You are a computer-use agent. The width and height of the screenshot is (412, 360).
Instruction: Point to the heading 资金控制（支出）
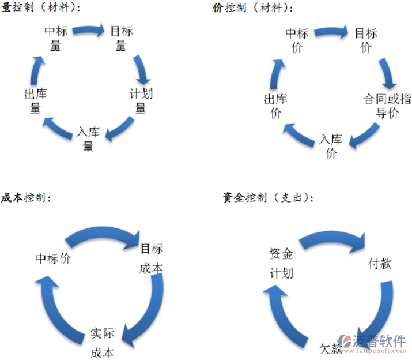click(268, 197)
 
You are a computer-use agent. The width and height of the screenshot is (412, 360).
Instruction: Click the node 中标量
click(56, 38)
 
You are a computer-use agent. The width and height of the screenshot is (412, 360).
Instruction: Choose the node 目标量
click(121, 38)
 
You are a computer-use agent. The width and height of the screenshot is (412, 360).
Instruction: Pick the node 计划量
click(141, 100)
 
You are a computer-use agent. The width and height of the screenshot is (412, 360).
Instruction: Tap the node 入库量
click(88, 138)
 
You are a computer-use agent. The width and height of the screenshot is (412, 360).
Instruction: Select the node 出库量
click(35, 100)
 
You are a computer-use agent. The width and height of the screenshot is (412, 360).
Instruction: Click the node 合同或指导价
click(387, 106)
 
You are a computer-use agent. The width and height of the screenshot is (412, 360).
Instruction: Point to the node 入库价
click(331, 146)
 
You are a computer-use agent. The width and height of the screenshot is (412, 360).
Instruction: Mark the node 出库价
click(275, 106)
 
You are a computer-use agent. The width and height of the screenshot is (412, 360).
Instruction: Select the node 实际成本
click(102, 343)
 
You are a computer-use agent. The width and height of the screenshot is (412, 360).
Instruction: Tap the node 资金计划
click(281, 262)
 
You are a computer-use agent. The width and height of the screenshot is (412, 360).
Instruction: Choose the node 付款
click(380, 264)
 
